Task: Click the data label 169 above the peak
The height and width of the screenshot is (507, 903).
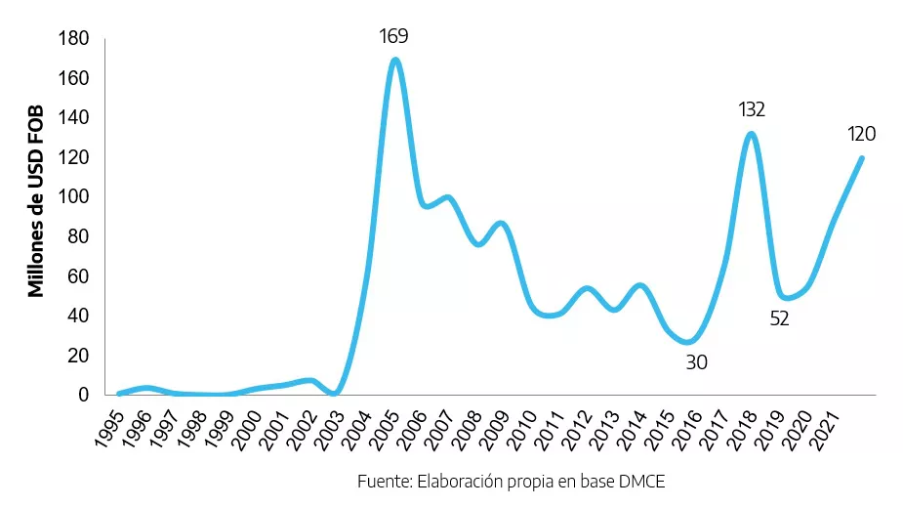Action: [x=394, y=37]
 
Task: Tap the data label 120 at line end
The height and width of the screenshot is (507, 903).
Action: [x=861, y=135]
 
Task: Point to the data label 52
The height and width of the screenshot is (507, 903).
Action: [x=779, y=318]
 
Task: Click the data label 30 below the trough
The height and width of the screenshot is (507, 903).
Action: [x=696, y=362]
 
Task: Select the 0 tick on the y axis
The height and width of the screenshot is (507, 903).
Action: [x=85, y=395]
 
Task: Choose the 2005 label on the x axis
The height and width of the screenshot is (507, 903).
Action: [x=385, y=427]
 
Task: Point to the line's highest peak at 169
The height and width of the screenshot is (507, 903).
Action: [x=394, y=60]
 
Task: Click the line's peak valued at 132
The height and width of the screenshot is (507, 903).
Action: [x=751, y=134]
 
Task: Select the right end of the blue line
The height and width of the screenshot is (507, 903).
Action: [x=861, y=158]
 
